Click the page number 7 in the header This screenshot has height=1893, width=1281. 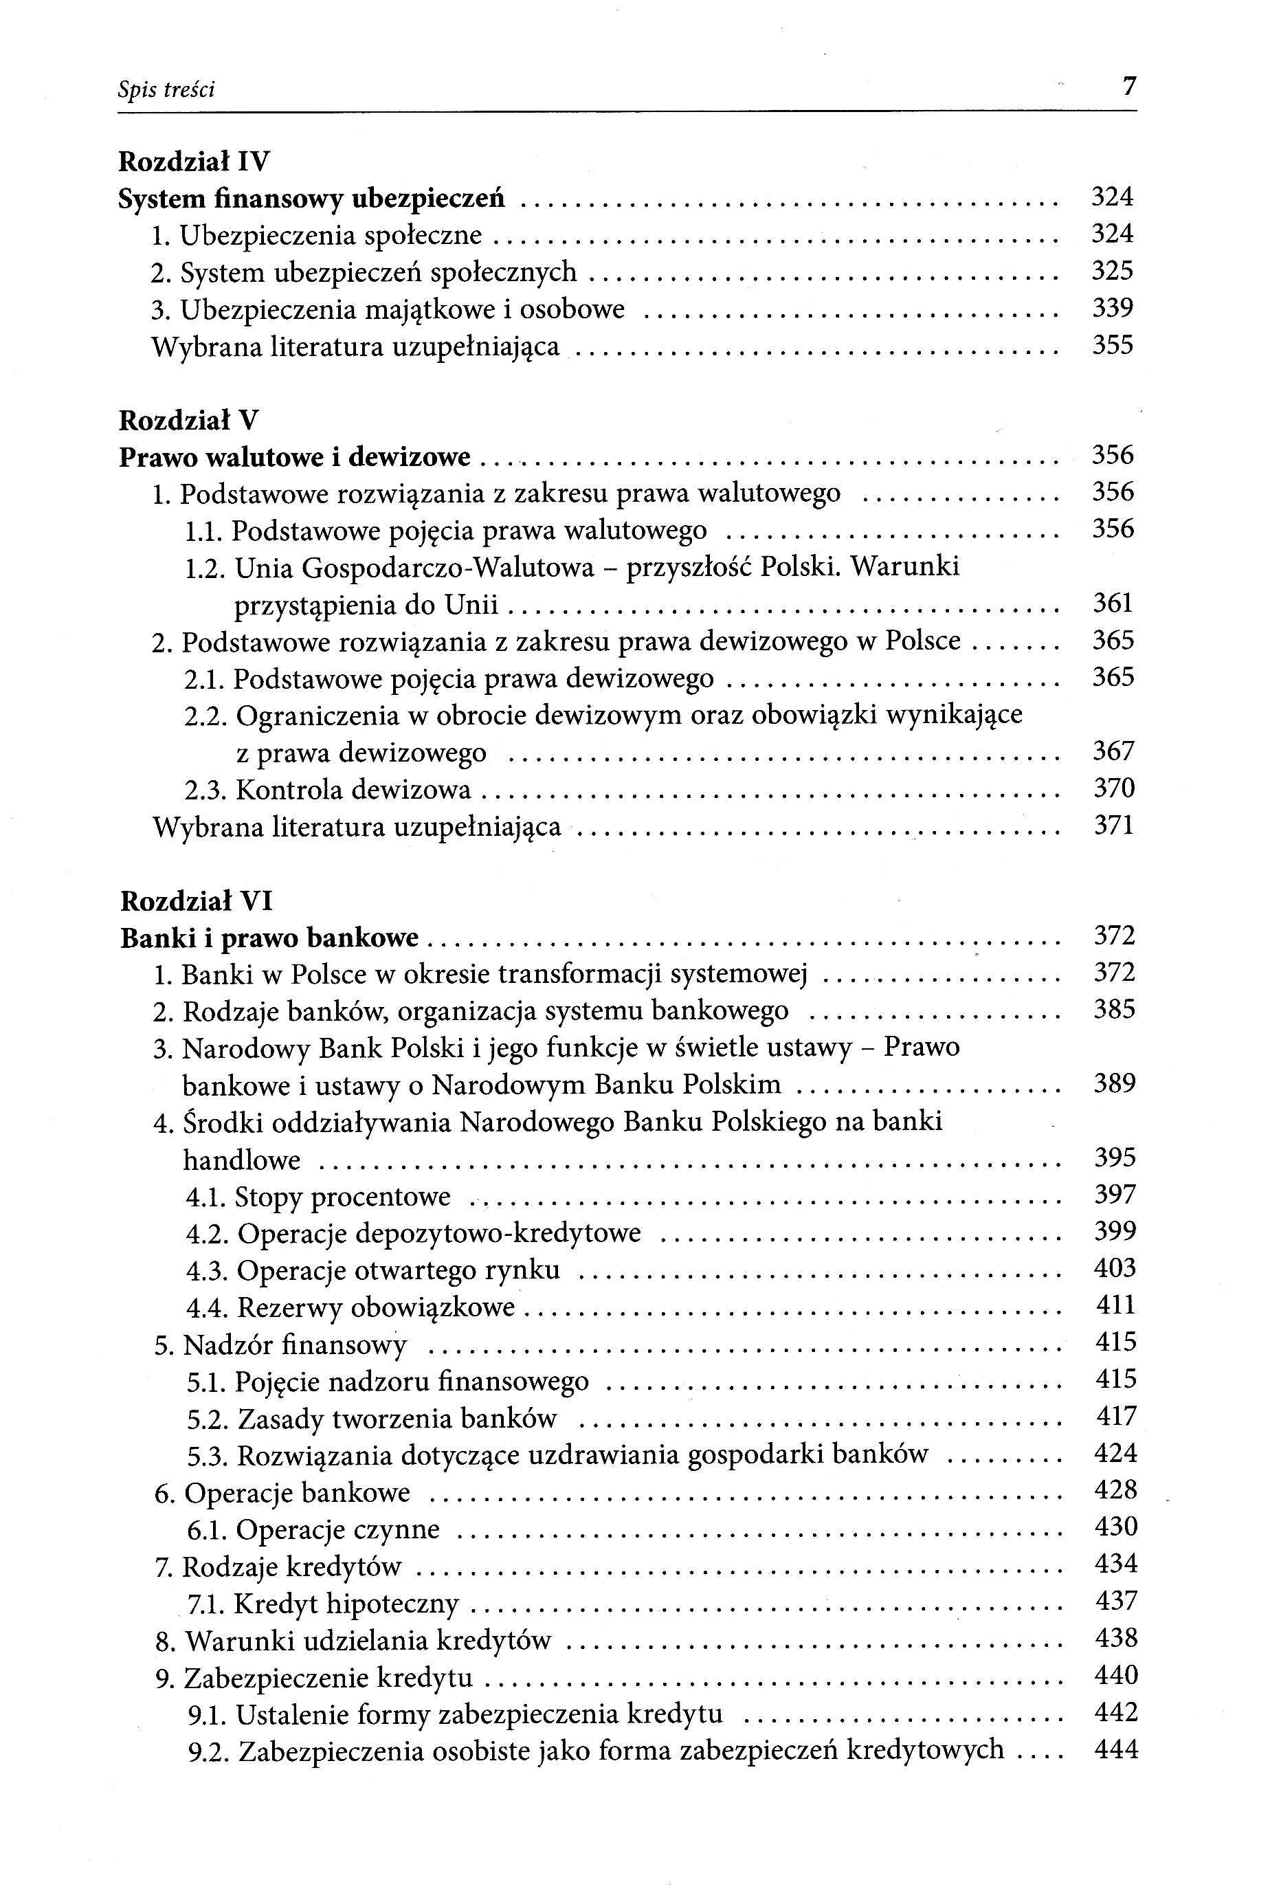point(1128,87)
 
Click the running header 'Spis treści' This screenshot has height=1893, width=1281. point(166,89)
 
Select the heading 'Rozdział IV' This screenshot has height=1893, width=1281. point(194,162)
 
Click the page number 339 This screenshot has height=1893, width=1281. point(1113,308)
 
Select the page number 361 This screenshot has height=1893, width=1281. point(1113,603)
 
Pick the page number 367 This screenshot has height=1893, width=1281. point(1113,750)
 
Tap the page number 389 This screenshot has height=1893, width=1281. point(1114,1083)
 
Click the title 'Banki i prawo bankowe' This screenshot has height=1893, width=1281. point(269,938)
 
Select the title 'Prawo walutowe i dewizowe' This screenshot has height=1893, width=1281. point(295,458)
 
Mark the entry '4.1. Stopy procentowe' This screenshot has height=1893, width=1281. point(318,1197)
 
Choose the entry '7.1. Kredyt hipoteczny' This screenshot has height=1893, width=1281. point(322,1604)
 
